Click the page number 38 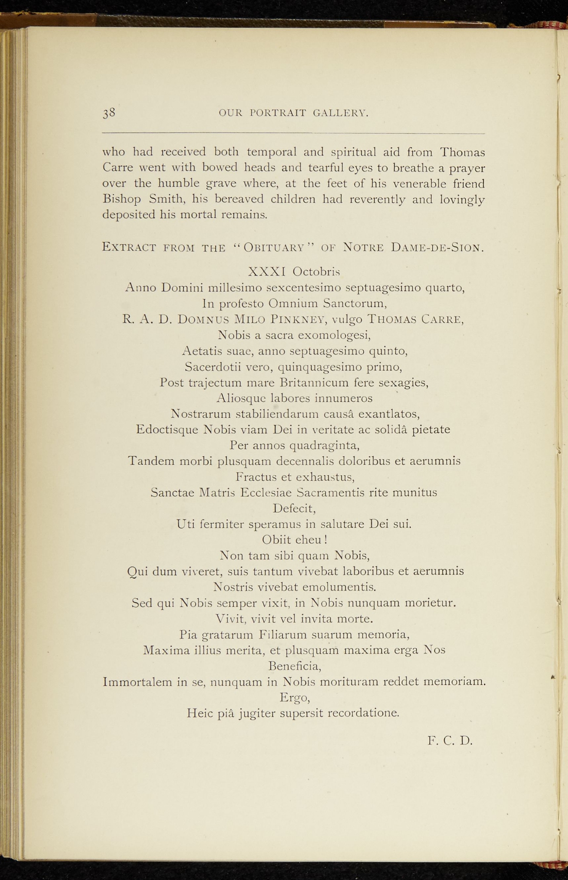tap(109, 113)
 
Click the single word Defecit tap(294, 509)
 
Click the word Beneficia tap(294, 666)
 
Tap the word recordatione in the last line tap(363, 713)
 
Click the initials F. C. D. tap(450, 740)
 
